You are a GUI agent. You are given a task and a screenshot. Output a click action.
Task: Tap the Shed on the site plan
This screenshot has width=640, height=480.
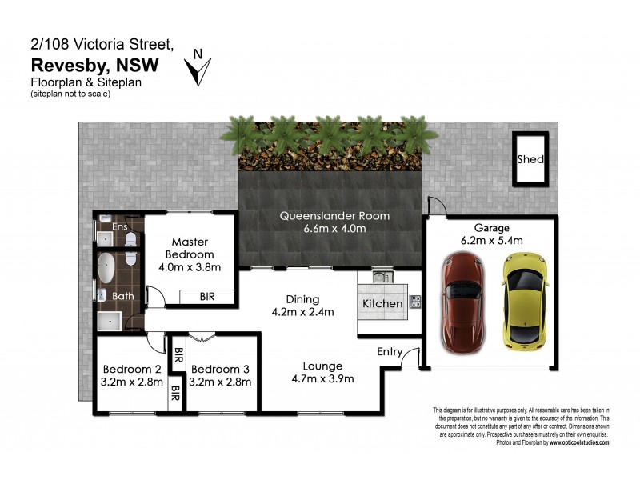[x=530, y=160]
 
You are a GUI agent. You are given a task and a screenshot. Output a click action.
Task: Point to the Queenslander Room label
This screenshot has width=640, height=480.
[x=334, y=216]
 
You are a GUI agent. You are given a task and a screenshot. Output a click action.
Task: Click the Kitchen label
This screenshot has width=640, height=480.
[x=382, y=304]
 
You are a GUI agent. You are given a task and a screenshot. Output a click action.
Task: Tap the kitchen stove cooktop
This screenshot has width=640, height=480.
[x=415, y=302]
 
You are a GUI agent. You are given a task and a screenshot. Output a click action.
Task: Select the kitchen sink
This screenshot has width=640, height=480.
[x=378, y=278]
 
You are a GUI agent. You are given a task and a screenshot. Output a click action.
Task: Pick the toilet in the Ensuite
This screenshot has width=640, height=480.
[x=132, y=237]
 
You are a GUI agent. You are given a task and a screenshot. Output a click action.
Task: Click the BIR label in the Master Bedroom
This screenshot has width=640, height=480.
[x=206, y=297]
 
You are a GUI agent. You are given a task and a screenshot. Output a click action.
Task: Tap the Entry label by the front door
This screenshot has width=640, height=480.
[x=390, y=351]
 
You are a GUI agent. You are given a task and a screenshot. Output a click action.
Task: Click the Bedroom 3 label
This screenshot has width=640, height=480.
[x=222, y=369]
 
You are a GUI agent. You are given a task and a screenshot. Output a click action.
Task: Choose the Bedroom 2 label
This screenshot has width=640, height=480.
[x=133, y=369]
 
